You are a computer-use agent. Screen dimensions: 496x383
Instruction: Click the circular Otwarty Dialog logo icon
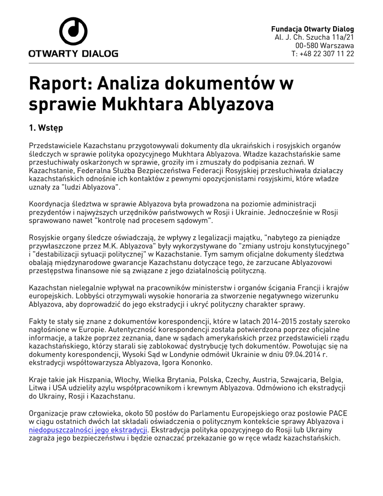click(x=73, y=31)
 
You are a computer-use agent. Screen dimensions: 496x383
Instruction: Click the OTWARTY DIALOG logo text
click(x=73, y=53)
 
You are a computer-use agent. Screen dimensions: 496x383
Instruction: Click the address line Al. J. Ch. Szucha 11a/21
click(x=314, y=37)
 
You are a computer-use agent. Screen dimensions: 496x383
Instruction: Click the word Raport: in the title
click(x=61, y=83)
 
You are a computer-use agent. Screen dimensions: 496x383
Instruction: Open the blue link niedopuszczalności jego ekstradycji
click(x=88, y=430)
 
